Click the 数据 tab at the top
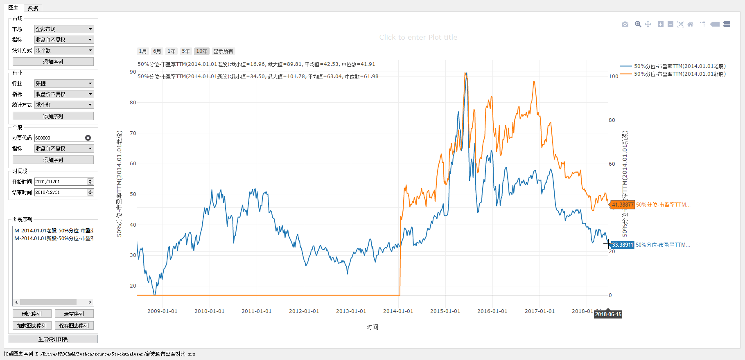click(33, 8)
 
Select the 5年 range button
click(186, 51)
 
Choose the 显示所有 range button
click(223, 51)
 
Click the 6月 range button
click(157, 51)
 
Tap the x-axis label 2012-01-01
click(304, 311)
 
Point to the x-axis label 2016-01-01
click(492, 311)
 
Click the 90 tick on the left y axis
click(133, 72)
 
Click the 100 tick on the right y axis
click(613, 76)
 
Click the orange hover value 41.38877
click(623, 205)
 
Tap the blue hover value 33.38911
click(622, 245)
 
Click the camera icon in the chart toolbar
click(625, 25)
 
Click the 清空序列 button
click(74, 314)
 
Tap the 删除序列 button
click(32, 314)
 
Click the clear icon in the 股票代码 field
click(88, 138)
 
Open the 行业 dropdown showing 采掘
click(64, 83)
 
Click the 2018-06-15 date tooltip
click(608, 314)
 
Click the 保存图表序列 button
click(74, 326)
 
